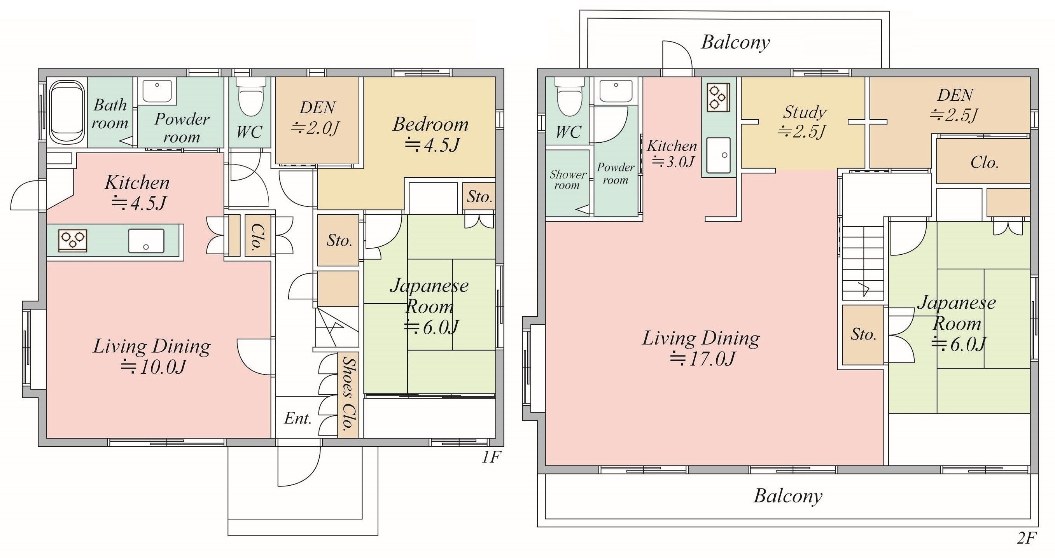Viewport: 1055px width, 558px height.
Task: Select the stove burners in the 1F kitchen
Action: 73,241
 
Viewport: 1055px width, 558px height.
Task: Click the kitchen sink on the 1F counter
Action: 146,241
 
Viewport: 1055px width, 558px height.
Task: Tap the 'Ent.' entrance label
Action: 298,418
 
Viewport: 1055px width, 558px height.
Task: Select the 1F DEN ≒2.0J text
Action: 316,118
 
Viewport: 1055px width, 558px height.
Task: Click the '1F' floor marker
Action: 490,457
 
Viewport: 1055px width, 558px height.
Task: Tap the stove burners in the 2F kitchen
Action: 718,98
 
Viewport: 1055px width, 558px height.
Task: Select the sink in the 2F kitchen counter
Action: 718,155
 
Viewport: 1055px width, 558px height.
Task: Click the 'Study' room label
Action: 805,112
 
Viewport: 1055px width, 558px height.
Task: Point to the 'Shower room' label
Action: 567,180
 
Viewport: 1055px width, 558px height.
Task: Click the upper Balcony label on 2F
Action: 736,42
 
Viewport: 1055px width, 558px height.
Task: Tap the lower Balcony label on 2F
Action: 788,496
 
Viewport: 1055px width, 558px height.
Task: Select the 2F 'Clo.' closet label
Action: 984,163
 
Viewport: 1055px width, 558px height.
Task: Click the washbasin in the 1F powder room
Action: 157,92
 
